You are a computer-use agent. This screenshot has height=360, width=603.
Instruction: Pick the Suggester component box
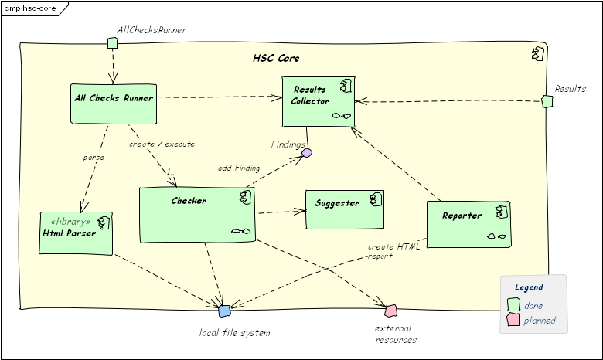(x=345, y=209)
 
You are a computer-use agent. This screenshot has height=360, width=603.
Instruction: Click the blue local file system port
(x=224, y=311)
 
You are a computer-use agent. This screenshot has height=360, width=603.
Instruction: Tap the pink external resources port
(x=390, y=311)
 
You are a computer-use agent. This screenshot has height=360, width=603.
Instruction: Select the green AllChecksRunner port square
(x=111, y=42)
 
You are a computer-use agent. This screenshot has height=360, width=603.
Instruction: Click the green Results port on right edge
(x=547, y=101)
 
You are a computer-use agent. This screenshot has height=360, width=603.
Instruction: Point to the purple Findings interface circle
(x=307, y=153)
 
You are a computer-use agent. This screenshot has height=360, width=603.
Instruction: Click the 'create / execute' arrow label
(x=162, y=144)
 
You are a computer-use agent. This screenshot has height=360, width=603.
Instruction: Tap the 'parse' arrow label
(x=93, y=158)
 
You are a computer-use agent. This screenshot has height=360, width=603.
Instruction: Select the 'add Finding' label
(x=239, y=168)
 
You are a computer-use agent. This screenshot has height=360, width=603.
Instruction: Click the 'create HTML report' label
(x=393, y=251)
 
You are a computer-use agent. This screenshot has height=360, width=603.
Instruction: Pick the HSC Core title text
(x=276, y=59)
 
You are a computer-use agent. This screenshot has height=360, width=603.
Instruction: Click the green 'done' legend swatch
(x=513, y=304)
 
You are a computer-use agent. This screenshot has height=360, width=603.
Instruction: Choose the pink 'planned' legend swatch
(x=513, y=320)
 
